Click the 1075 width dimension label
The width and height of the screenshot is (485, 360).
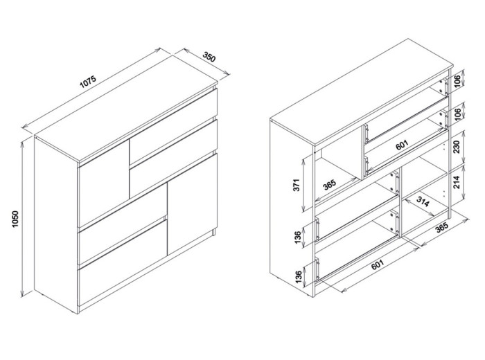[88, 82]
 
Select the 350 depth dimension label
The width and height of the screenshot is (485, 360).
[209, 56]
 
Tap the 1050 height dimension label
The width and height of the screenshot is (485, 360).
[15, 219]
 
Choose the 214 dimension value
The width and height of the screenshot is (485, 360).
[457, 182]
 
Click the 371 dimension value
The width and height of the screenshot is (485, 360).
[297, 185]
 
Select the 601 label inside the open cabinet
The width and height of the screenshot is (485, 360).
[402, 145]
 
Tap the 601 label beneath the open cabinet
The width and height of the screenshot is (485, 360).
[378, 264]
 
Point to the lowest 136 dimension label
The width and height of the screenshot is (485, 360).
[298, 277]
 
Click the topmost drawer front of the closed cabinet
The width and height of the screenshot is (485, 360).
[173, 127]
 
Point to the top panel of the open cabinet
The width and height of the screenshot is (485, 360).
[361, 92]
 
